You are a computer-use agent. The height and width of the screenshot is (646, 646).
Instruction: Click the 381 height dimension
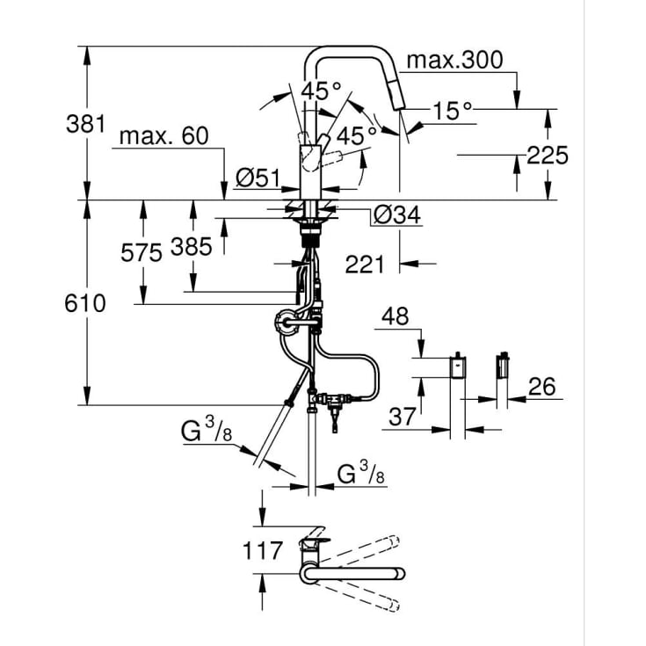86,124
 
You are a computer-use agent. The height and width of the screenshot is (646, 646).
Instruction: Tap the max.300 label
454,60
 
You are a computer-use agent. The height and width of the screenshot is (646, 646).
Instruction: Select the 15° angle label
452,111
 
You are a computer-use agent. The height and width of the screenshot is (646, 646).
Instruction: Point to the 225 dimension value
547,156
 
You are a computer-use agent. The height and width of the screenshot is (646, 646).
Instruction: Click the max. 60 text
164,135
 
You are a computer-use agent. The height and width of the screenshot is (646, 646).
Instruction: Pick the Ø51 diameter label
258,178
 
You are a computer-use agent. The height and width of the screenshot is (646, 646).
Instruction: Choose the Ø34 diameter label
396,215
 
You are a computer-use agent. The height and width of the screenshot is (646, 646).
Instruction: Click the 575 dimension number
142,252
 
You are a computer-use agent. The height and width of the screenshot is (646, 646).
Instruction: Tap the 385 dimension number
192,247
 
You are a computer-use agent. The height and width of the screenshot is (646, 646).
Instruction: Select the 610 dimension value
85,303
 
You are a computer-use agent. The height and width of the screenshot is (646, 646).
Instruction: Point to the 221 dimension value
364,264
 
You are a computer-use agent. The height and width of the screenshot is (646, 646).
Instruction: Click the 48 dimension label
396,316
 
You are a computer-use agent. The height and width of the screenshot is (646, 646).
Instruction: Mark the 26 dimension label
541,387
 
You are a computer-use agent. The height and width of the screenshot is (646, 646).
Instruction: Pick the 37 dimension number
403,417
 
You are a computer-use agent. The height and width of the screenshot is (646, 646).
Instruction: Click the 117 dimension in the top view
263,550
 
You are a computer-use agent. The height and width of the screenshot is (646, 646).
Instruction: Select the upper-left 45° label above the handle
322,91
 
